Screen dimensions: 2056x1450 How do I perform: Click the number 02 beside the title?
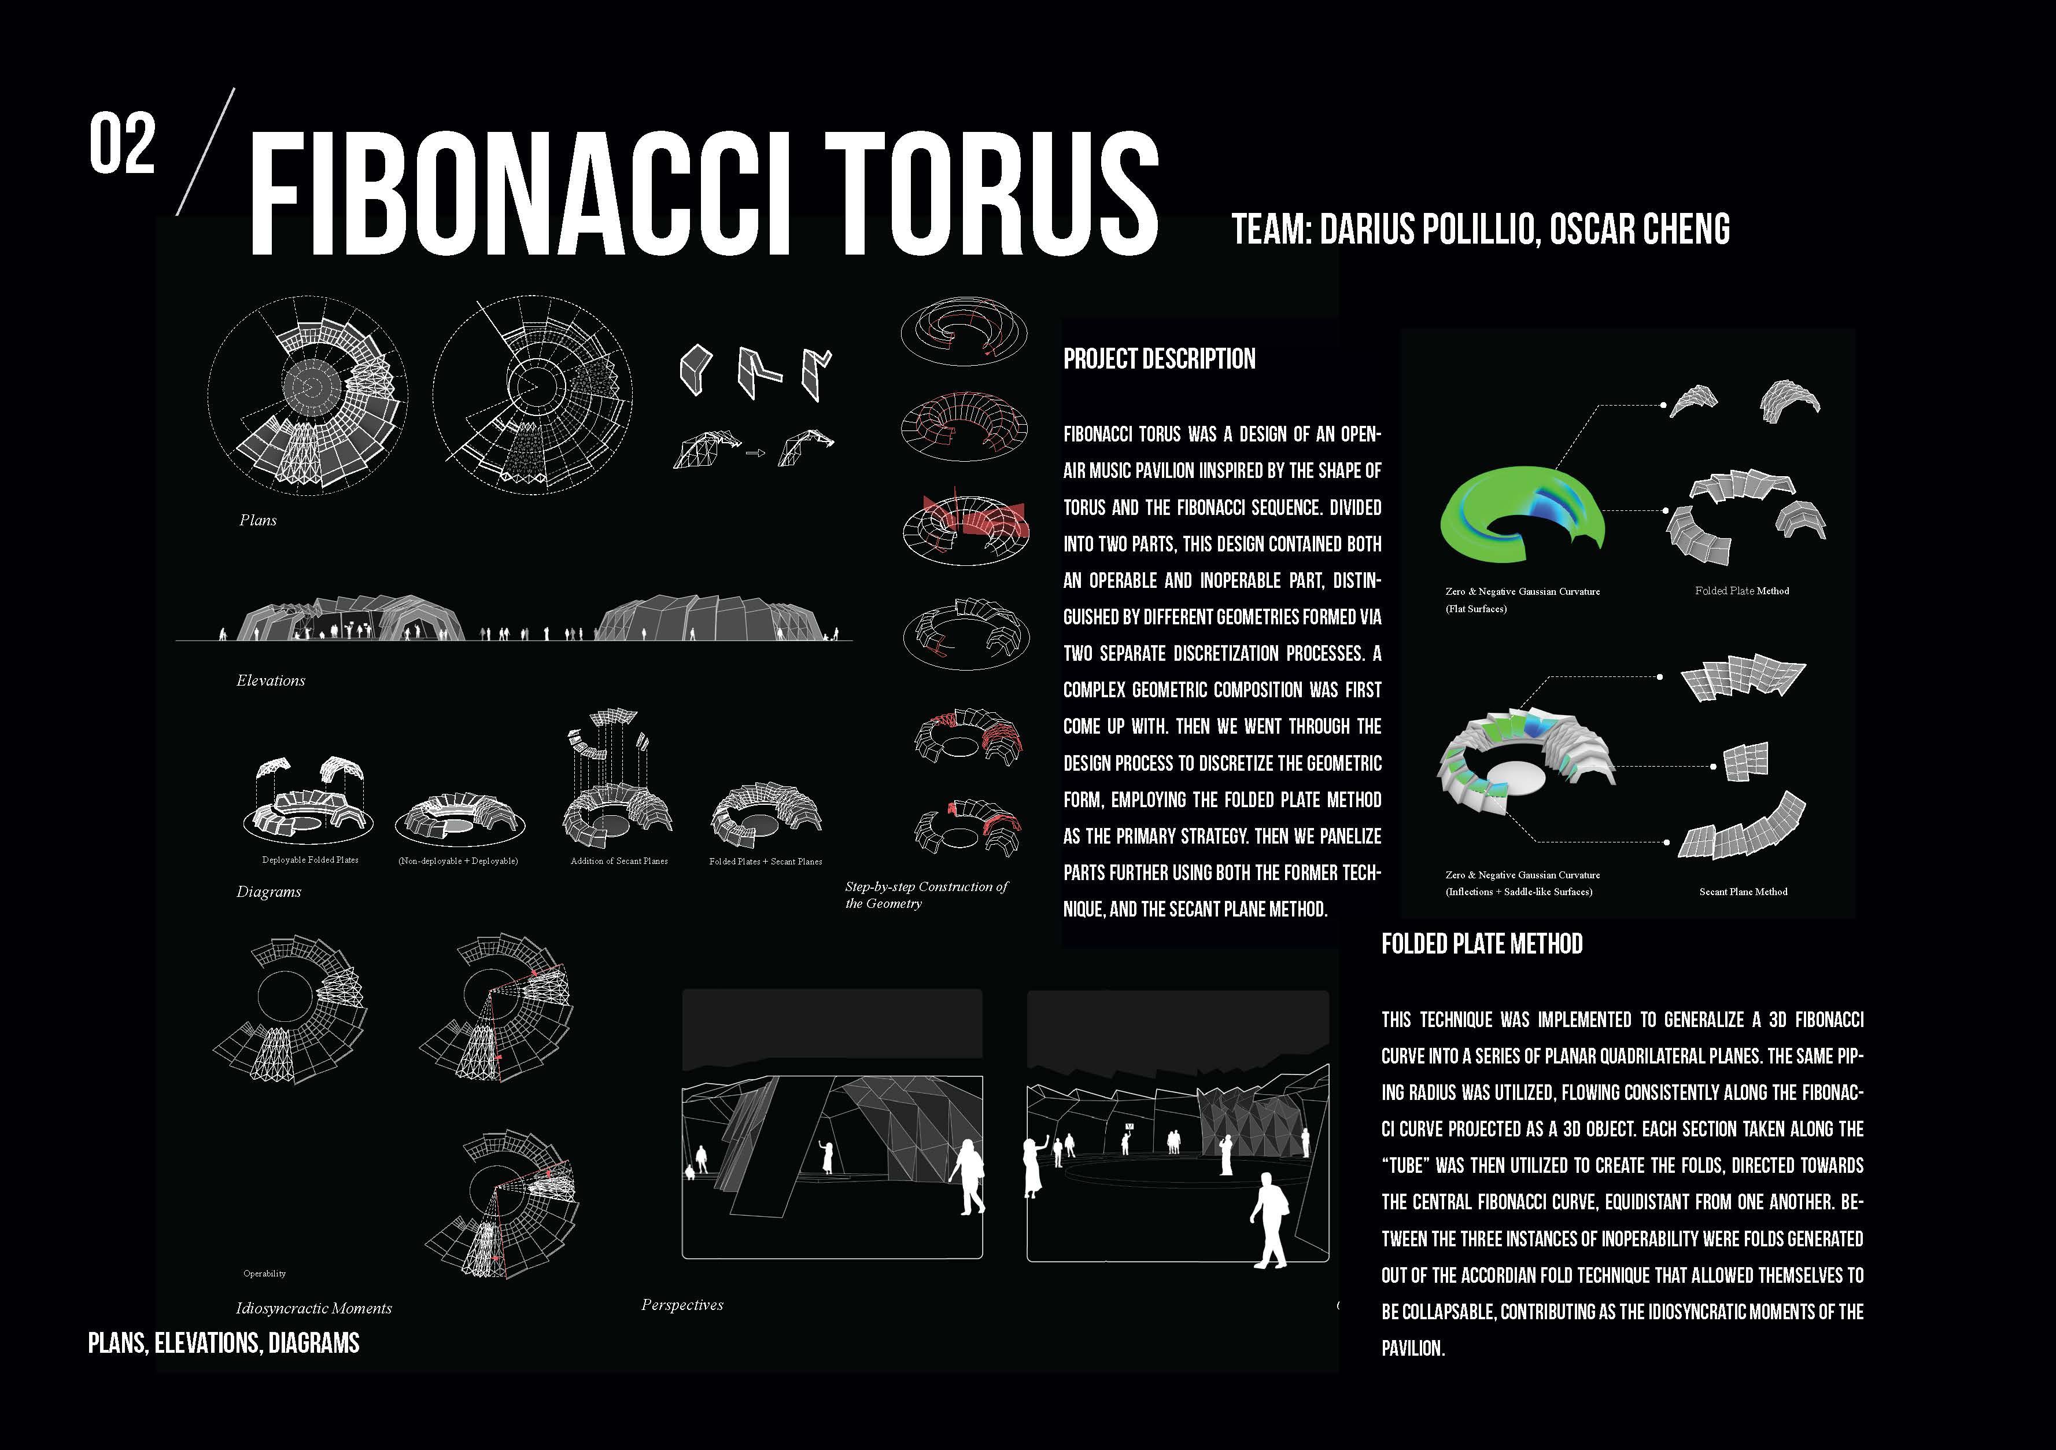(x=122, y=143)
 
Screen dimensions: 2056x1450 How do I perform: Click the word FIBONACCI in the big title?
(x=519, y=193)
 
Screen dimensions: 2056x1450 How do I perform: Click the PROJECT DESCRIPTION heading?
(x=1159, y=359)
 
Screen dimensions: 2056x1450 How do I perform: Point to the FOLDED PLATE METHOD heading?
(x=1481, y=944)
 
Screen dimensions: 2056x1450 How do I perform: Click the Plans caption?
(x=258, y=520)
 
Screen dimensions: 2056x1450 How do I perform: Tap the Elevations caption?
(x=271, y=680)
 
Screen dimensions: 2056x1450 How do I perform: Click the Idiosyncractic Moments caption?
(x=313, y=1308)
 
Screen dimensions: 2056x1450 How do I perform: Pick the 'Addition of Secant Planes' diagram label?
(x=619, y=862)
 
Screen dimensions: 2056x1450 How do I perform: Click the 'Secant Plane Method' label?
(x=1743, y=892)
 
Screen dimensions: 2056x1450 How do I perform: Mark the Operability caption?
(x=264, y=1274)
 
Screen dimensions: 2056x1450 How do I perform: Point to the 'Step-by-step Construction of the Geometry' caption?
(x=926, y=895)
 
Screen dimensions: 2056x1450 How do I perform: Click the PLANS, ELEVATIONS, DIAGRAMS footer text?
(x=224, y=1344)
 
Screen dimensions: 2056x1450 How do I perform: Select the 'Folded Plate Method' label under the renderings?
(x=1742, y=591)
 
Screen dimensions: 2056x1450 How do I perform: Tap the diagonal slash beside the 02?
(x=205, y=152)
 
